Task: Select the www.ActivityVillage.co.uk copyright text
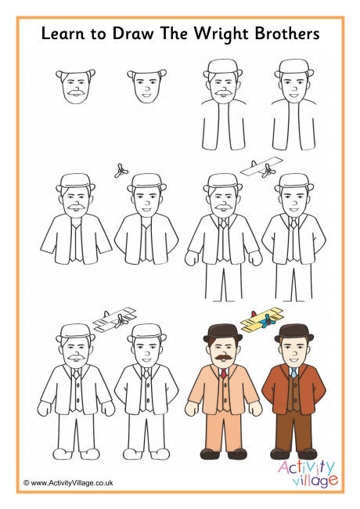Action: pyautogui.click(x=68, y=484)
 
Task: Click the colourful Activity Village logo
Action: pyautogui.click(x=307, y=471)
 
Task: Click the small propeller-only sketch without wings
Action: pyautogui.click(x=120, y=170)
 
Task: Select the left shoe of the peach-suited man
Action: pyautogui.click(x=210, y=453)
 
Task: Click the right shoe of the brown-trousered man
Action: pyautogui.click(x=307, y=453)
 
